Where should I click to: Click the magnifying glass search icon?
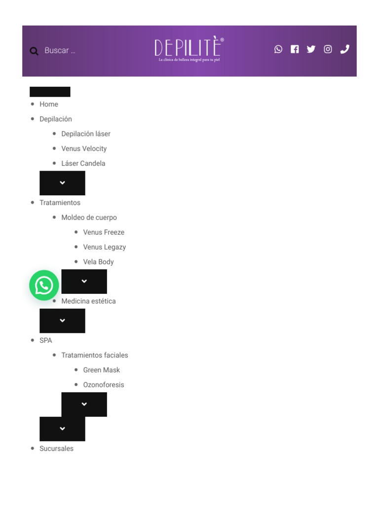tap(34, 51)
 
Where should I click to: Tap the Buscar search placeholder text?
tap(60, 50)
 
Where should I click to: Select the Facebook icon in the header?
tap(295, 49)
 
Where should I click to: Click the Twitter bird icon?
tap(311, 49)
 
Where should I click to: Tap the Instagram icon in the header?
tap(328, 49)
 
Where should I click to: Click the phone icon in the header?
tap(345, 49)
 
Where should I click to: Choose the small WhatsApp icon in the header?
tap(278, 49)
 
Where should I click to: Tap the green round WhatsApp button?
tap(44, 285)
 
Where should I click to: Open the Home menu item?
tap(49, 104)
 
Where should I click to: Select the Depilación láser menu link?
tap(86, 134)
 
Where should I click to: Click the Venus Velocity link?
tap(84, 148)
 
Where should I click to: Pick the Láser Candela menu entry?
tap(83, 163)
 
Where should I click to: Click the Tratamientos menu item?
tap(60, 203)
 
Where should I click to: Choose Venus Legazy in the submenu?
tap(105, 247)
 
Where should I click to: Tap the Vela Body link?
tap(99, 262)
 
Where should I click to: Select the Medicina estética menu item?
tap(89, 301)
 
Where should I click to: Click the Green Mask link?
tap(102, 370)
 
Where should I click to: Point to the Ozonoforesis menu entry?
tap(104, 385)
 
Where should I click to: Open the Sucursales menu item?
tap(56, 448)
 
